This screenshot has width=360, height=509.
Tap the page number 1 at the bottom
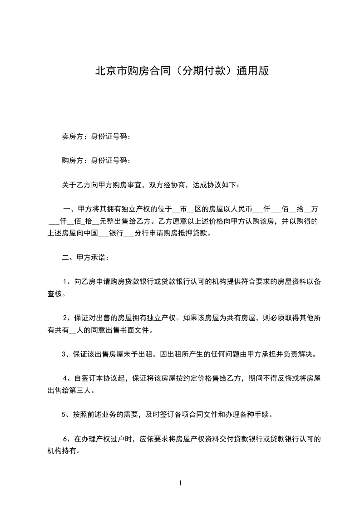180,483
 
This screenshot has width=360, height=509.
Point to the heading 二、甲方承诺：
85,258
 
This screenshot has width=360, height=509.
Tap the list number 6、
69,439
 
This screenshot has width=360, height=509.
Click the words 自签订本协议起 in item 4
100,378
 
